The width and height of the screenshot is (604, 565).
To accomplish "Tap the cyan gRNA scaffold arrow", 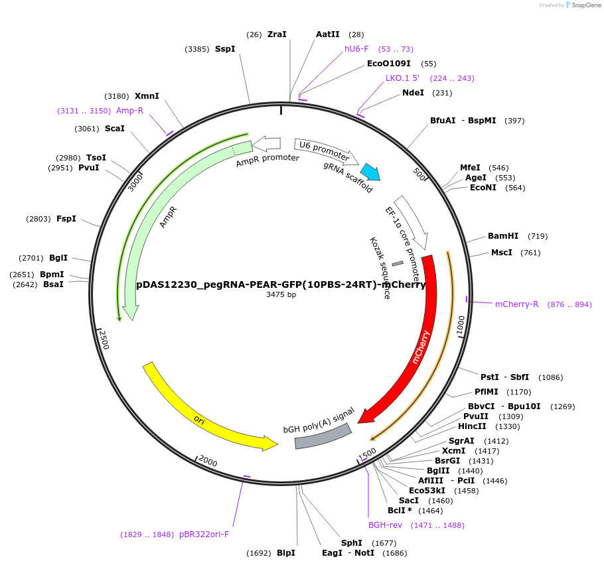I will pos(370,172).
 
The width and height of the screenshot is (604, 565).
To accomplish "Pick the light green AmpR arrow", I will pos(147,219).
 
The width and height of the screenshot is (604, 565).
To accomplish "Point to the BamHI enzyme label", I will pos(503,235).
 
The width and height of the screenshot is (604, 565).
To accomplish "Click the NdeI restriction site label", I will pos(413,93).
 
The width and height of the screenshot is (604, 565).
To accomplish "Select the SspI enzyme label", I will pos(225,48).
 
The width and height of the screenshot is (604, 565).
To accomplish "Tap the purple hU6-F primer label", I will pos(356,49).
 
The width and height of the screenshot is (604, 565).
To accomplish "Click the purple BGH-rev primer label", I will pos(386,525).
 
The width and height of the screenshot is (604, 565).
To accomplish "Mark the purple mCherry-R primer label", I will pos(517,304).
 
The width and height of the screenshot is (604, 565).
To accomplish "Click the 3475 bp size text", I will pos(281,294).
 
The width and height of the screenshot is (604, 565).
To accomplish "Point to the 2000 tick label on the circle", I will pos(208,462).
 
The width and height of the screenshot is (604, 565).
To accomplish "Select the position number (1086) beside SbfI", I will pos(550,377).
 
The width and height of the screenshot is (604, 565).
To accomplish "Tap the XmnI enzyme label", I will pos(147,96).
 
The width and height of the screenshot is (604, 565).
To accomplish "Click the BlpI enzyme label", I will pos(286,553).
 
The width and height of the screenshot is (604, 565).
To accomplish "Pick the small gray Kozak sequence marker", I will pos(398,264).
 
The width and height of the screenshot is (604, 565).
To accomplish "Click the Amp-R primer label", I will pos(129,111).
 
